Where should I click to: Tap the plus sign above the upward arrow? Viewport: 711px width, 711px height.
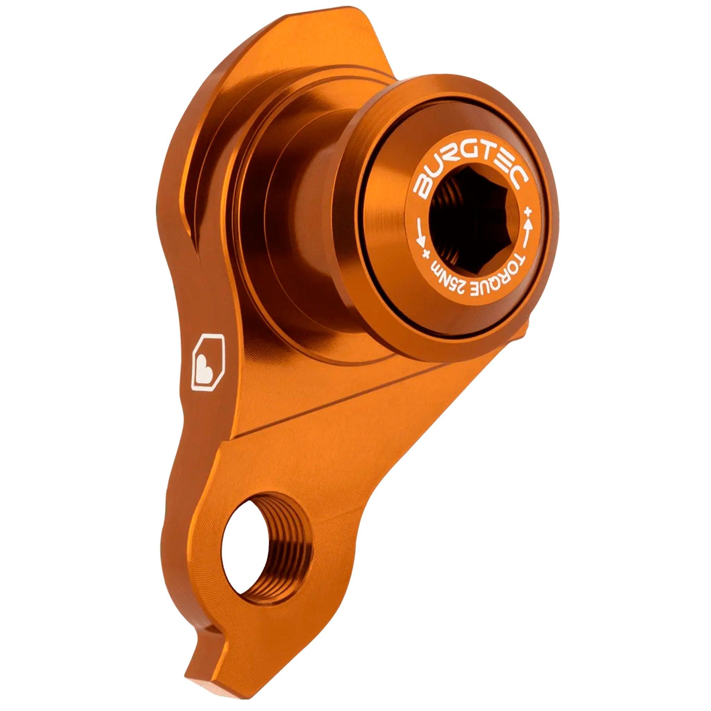pos(529,212)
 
